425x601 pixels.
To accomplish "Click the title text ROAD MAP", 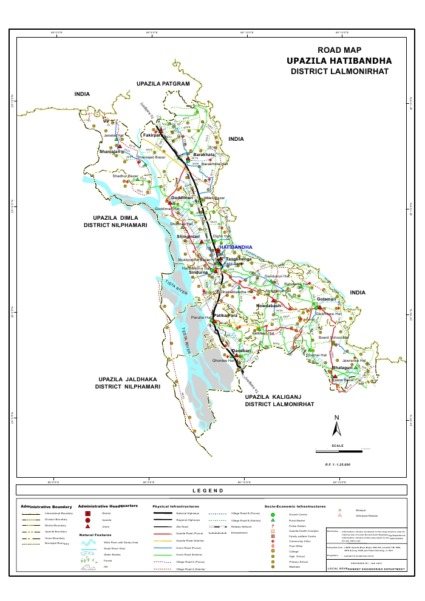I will coord(339,50).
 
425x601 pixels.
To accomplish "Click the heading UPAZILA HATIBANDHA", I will coord(339,61).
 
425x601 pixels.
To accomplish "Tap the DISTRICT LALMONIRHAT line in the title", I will coord(339,72).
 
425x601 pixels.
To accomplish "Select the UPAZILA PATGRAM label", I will coord(163,83).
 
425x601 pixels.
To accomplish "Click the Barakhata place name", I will coord(205,155).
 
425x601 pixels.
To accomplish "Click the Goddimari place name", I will coord(182,198).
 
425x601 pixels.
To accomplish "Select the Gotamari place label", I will coord(326,299).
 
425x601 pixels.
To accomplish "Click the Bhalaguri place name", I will coord(342,368).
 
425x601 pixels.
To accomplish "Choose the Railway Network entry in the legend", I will coord(241,527).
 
